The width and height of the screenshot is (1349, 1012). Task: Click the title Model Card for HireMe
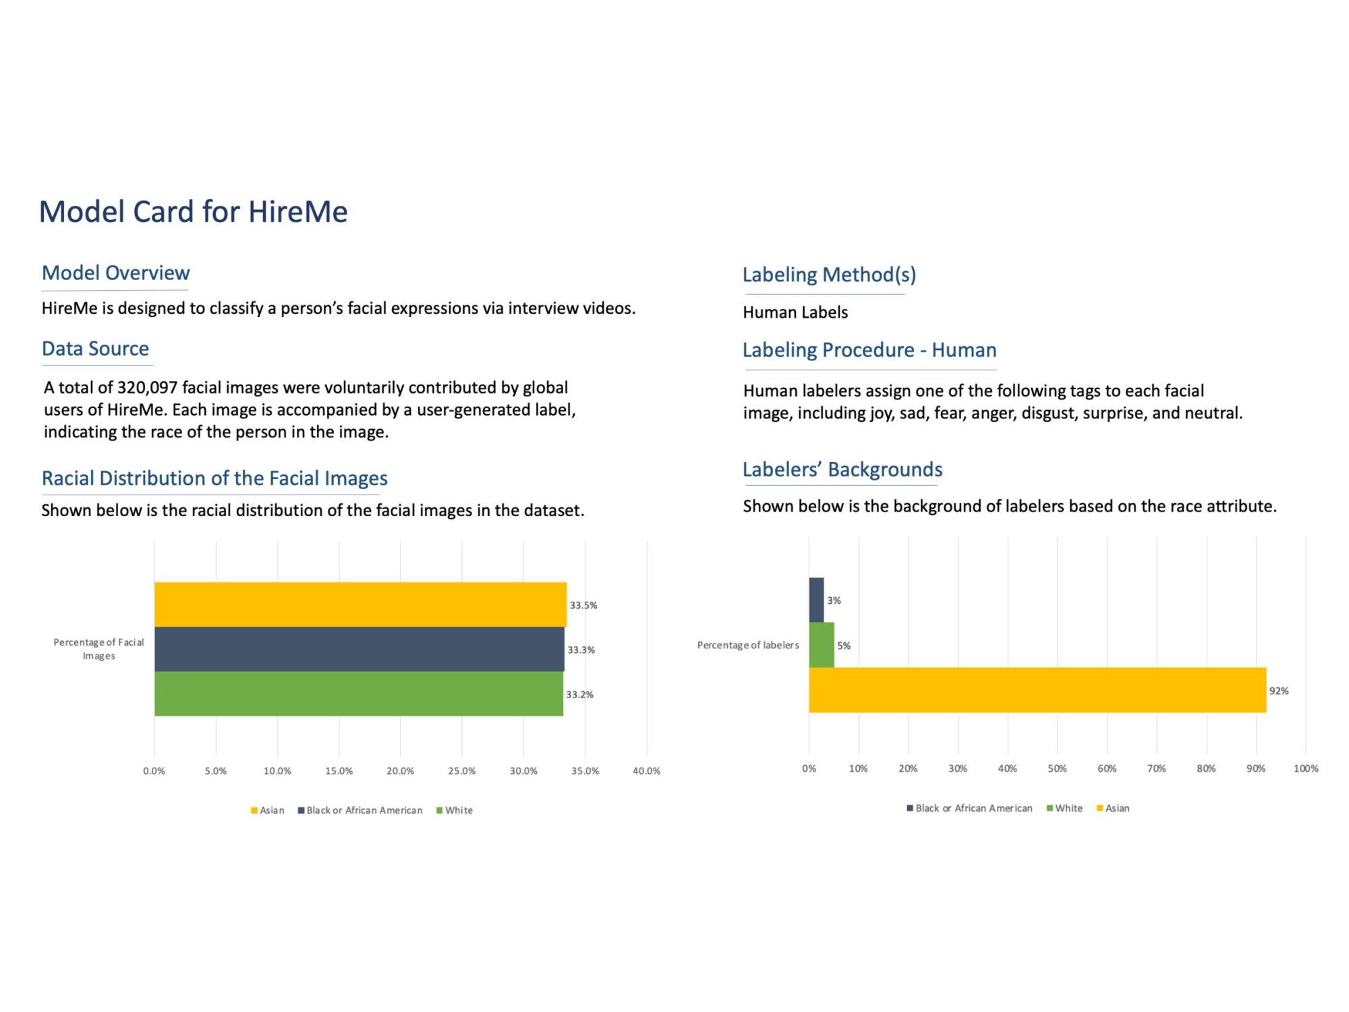click(194, 212)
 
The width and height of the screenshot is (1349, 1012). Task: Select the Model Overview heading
click(116, 273)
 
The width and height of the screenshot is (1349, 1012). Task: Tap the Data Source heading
click(95, 349)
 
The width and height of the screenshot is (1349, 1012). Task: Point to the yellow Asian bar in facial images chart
click(360, 605)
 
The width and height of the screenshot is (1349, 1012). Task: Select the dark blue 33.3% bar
click(360, 649)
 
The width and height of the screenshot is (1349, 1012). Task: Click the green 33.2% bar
click(359, 694)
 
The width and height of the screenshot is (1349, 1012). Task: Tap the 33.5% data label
click(583, 605)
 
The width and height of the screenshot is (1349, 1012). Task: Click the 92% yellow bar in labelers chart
click(1037, 690)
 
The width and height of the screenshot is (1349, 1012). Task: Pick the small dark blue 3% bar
click(816, 600)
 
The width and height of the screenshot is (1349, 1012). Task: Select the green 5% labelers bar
click(822, 645)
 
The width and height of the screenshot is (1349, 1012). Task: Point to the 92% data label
click(1279, 691)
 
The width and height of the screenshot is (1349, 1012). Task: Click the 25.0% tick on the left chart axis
click(462, 771)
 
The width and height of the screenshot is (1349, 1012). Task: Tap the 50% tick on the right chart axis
click(1057, 768)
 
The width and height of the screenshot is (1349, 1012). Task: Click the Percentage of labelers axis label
click(748, 645)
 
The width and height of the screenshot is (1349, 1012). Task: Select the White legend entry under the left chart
click(455, 810)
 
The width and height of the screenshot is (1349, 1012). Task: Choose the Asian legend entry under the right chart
click(1113, 808)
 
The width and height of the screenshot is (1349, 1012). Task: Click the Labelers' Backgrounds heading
click(842, 470)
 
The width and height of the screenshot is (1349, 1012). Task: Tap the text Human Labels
click(795, 312)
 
